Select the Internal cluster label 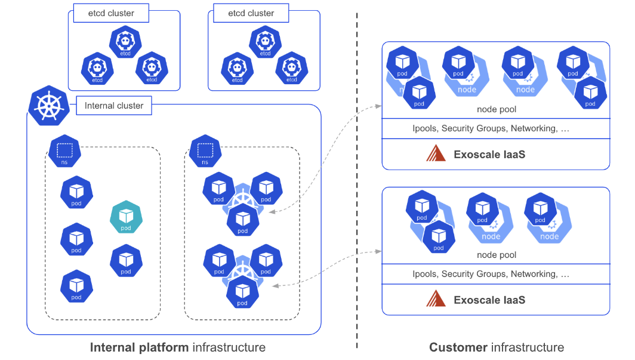pos(114,106)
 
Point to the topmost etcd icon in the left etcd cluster pos(125,44)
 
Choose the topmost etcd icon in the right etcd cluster pos(265,44)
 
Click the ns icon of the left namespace pos(64,151)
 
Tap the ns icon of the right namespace pos(205,151)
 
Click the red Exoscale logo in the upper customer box pos(436,154)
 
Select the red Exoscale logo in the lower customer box pos(436,300)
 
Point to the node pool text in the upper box pos(497,109)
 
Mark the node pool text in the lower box pos(497,255)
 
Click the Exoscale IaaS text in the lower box pos(489,300)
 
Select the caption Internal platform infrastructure pos(177,347)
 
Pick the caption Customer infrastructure pos(497,347)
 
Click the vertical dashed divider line pos(357,179)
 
